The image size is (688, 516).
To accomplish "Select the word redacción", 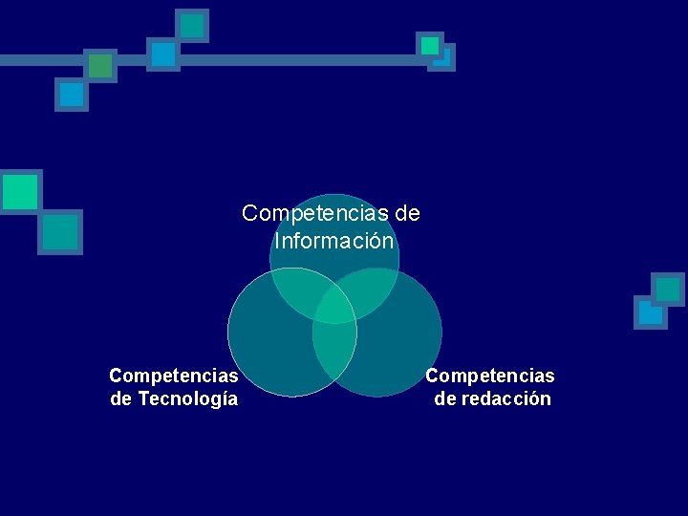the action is pyautogui.click(x=506, y=398).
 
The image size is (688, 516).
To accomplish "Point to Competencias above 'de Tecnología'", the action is pyautogui.click(x=174, y=376).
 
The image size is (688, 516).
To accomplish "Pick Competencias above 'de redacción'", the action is pyautogui.click(x=490, y=376).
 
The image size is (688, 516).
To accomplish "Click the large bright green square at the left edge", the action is pyautogui.click(x=19, y=190).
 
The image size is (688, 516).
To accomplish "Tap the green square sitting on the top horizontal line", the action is pyautogui.click(x=99, y=65).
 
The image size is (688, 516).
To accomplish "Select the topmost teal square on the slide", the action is pyautogui.click(x=192, y=25).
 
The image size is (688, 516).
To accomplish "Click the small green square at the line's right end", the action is pyautogui.click(x=430, y=45).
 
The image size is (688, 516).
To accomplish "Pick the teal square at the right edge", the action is pyautogui.click(x=668, y=289).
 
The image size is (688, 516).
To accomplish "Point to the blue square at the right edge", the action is pyautogui.click(x=650, y=312).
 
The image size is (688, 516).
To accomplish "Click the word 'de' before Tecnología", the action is pyautogui.click(x=121, y=398).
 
